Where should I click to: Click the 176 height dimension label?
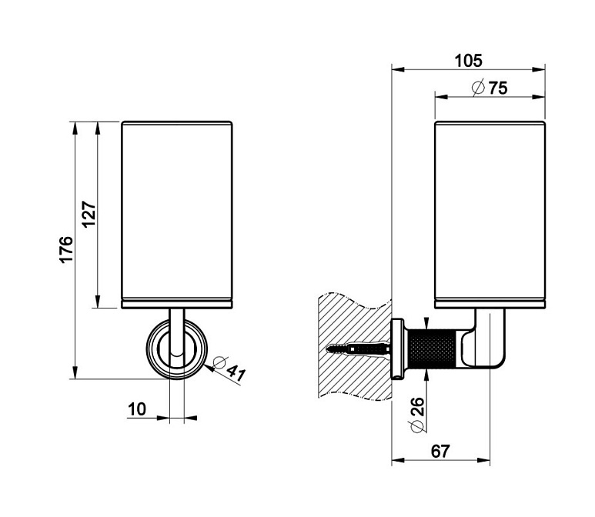coord(66,251)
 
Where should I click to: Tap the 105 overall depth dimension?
coord(468,60)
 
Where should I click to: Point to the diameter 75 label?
coord(496,88)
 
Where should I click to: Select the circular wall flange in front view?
coord(176,349)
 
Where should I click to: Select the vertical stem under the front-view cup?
coord(176,327)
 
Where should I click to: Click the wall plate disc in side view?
coord(399,349)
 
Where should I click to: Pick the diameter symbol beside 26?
coord(416,426)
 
